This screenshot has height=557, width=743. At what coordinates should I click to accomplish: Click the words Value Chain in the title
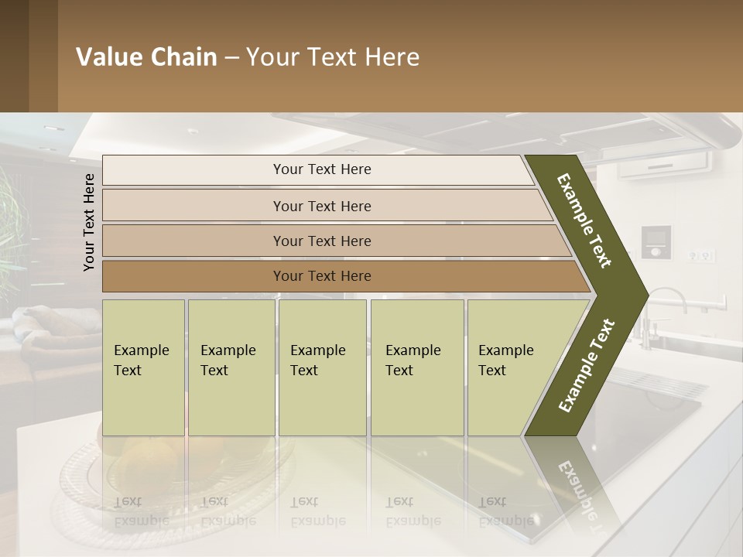tap(146, 57)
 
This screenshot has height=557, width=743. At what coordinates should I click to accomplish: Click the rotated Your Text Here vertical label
tap(89, 222)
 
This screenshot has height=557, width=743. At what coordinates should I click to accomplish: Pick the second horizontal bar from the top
tap(321, 206)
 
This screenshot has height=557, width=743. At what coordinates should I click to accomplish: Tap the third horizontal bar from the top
tap(321, 241)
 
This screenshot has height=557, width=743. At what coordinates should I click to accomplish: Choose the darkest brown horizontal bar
tap(321, 276)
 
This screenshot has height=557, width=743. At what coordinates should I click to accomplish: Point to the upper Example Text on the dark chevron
tap(585, 220)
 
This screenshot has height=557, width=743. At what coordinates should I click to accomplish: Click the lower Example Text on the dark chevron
tap(587, 365)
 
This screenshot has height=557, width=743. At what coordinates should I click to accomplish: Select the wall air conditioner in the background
tap(666, 162)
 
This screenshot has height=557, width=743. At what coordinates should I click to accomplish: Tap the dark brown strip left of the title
tap(28, 56)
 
